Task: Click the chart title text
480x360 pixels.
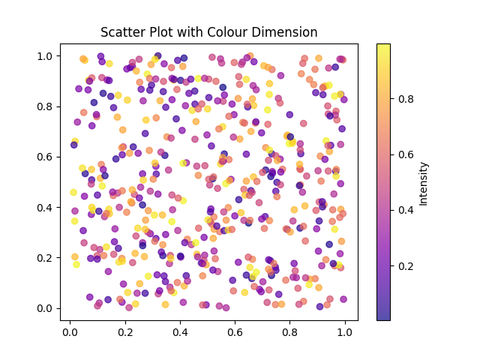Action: pos(209,32)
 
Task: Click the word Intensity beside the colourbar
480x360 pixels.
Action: pos(424,183)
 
